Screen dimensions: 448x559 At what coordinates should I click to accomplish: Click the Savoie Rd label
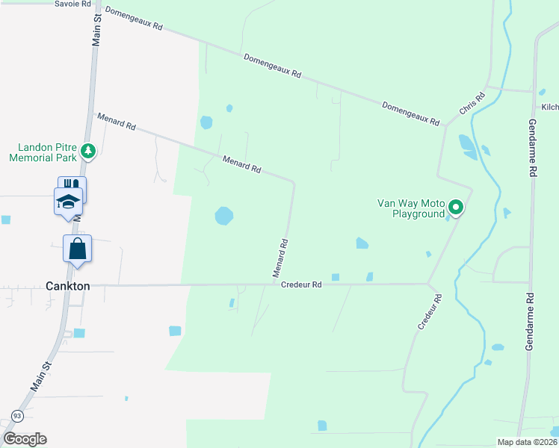coord(73,4)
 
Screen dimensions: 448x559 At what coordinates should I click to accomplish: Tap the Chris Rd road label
coord(472,103)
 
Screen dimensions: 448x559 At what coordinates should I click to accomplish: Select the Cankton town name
coord(68,286)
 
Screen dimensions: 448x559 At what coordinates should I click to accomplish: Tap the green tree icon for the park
coord(88,152)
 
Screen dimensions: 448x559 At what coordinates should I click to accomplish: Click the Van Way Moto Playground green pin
coord(456,208)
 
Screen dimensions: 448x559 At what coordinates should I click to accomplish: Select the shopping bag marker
coord(78,249)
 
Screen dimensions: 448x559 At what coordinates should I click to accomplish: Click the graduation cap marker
coord(67,202)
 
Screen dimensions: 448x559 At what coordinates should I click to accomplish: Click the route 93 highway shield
coord(16,415)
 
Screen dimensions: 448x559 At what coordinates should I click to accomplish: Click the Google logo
coord(25,439)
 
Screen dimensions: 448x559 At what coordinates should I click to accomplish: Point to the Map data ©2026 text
coord(527,442)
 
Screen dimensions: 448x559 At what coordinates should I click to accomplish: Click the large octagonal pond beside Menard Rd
coord(223,216)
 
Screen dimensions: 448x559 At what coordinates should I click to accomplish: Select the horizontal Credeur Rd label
coord(301,284)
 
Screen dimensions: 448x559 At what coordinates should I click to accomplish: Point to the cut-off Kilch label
coord(550,108)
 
